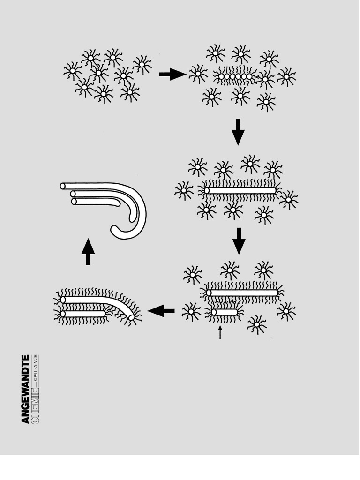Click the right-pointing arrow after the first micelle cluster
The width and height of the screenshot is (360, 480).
point(172,74)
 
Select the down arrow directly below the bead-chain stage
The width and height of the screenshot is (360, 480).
point(238,132)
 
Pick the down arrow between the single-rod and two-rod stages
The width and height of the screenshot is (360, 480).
point(239,240)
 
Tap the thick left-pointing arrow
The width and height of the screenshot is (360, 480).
point(161,310)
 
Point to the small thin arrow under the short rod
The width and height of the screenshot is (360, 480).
point(220,332)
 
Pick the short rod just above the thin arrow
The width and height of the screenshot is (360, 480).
point(225,312)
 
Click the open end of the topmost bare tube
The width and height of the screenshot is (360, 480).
point(63,186)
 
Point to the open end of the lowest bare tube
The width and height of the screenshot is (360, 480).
point(74,202)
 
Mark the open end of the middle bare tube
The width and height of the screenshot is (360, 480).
point(73,194)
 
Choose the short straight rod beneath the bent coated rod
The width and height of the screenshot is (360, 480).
point(83,314)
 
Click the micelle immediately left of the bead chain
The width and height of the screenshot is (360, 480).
point(198,74)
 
